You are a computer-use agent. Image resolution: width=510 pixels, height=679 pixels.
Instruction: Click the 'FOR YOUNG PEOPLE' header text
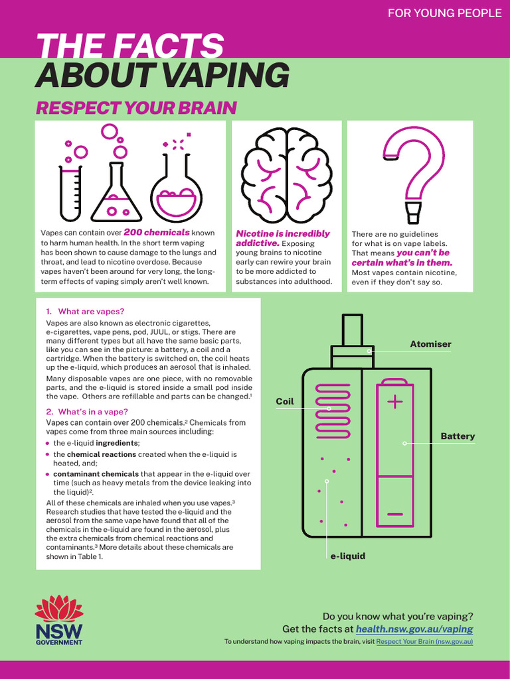[444, 13]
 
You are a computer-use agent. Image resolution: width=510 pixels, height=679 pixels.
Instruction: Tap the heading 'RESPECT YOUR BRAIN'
[135, 108]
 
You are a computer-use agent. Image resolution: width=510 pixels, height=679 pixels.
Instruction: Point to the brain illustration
[286, 174]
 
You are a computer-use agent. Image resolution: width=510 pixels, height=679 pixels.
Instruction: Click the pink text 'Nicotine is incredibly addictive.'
[283, 238]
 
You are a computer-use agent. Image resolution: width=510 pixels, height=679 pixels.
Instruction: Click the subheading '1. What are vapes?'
[85, 312]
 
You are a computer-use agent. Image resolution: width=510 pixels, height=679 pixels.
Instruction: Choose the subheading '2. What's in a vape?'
[88, 412]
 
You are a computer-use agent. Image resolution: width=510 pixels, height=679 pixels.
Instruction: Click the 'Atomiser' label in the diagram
[430, 344]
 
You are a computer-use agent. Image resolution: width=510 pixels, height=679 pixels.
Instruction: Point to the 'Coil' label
[285, 402]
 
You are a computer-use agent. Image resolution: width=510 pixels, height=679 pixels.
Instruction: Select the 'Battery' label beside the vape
[458, 436]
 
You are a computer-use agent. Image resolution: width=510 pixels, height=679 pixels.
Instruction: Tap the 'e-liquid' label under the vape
[348, 556]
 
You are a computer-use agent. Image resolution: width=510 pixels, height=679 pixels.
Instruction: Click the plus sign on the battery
[394, 402]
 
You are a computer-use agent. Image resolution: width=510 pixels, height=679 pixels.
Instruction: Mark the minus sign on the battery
[394, 515]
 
